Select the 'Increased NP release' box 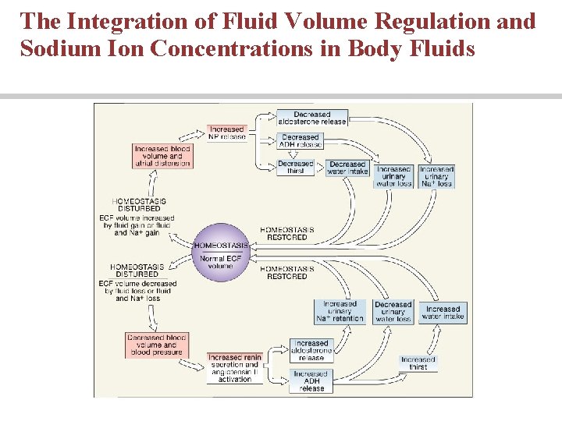point(227,133)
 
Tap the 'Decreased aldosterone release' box point(312,118)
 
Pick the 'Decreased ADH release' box point(301,141)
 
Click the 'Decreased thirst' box point(296,168)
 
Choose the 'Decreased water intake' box point(347,168)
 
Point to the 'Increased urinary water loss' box point(393,176)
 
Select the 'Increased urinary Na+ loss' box point(436,176)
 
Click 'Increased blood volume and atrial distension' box point(162,156)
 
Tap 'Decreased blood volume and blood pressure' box point(156,345)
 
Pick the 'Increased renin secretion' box point(234,368)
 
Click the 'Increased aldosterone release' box point(311,350)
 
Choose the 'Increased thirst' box point(418,363)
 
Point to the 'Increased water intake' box point(443,313)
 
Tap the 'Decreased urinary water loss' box point(393,312)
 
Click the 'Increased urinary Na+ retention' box point(340,312)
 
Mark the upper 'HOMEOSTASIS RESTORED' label point(287,234)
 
